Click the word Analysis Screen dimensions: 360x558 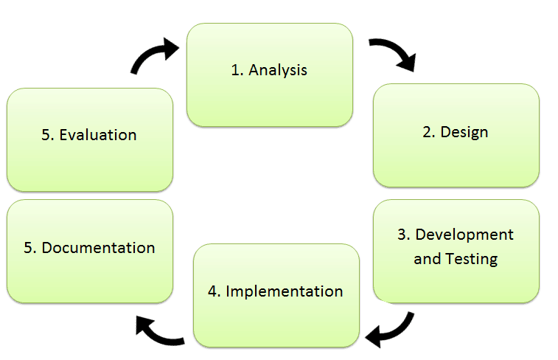point(278,71)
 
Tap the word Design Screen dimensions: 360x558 point(464,133)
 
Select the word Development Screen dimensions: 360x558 point(464,235)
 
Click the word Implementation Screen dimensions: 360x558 point(285,291)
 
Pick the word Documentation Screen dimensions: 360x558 point(98,248)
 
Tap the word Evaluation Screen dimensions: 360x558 point(98,135)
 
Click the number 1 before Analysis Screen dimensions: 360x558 point(235,71)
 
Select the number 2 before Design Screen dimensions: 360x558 point(427,133)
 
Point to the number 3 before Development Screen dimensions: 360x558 point(402,235)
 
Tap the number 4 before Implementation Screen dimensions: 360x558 point(213,291)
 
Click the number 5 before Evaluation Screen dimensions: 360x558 point(46,135)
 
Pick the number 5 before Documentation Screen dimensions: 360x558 point(29,248)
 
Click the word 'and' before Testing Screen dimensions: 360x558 point(428,259)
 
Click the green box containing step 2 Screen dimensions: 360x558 point(456,135)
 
